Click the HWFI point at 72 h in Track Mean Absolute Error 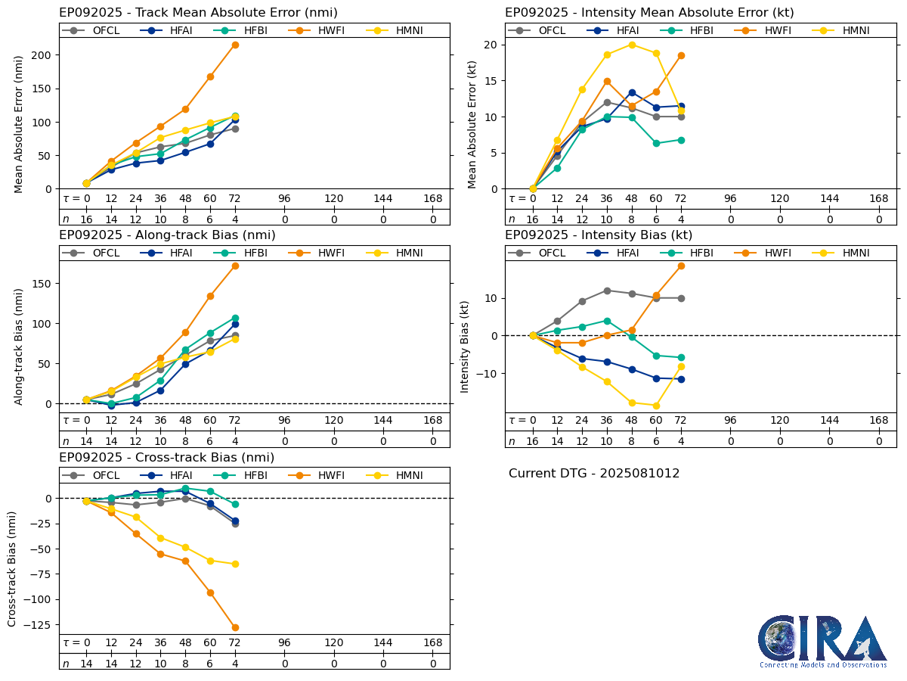235,45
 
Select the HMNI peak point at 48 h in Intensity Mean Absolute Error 632,45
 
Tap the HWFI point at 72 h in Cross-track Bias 235,627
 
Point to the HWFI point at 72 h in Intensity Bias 681,266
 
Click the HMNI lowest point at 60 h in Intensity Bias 656,406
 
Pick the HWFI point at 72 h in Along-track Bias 235,266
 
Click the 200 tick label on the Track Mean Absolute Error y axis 42,55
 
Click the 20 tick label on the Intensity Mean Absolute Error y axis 490,45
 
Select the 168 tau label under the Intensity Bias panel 879,421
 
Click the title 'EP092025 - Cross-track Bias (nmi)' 166,458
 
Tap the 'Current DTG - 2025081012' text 594,474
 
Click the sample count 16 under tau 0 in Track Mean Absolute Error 86,219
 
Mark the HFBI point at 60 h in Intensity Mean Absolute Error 656,143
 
